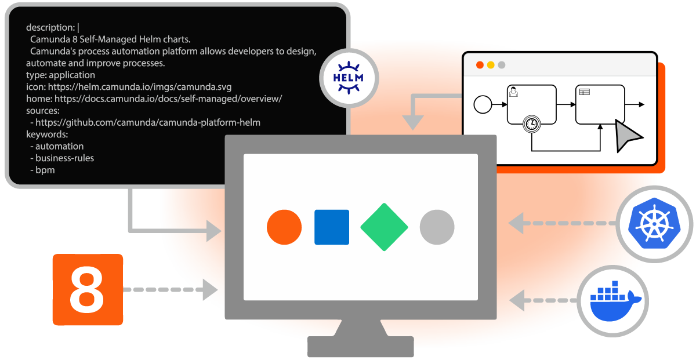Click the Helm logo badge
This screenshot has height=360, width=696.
[349, 78]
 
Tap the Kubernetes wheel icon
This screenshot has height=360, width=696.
[654, 224]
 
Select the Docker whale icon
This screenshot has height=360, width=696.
[612, 300]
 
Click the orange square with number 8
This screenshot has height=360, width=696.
[88, 289]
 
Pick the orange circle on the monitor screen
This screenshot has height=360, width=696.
[284, 227]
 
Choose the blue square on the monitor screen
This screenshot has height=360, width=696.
[332, 227]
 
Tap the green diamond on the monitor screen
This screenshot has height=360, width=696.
[383, 227]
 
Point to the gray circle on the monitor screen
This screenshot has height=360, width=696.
[437, 227]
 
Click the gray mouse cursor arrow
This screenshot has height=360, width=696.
[627, 137]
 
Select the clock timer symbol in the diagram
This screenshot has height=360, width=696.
[531, 123]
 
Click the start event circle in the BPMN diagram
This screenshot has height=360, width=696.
[483, 104]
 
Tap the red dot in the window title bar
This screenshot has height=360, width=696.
[480, 65]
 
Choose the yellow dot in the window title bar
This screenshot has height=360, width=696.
[491, 65]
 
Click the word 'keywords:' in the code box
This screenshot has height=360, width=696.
[47, 134]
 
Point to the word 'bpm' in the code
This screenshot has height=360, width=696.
[45, 169]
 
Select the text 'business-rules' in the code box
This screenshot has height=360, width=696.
[64, 158]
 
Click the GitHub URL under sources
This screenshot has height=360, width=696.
[148, 122]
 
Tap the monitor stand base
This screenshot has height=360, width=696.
[360, 346]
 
